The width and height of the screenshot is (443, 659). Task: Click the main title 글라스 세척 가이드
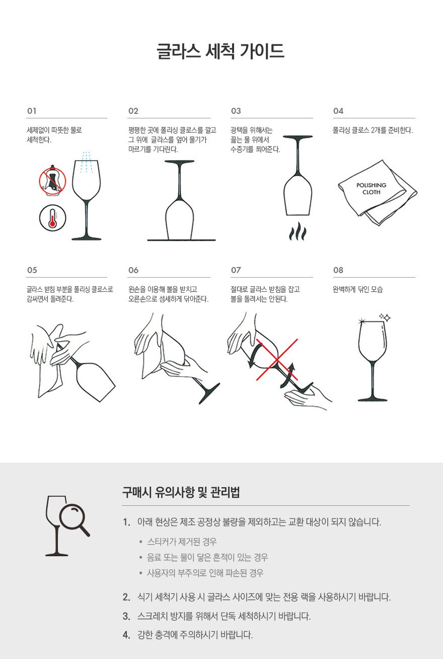coord(220,51)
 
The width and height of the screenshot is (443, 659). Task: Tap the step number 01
coord(32,111)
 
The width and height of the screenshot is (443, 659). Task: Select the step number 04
coord(338,111)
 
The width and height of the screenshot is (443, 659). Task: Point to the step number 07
coord(236,270)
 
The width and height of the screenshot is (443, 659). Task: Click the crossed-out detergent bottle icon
coord(53,180)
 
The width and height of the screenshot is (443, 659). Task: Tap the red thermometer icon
coord(53,218)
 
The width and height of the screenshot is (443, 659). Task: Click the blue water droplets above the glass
coord(87,162)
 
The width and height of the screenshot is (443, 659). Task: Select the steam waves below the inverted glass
coord(298,231)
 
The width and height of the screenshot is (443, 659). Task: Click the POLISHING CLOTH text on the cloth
coord(372,188)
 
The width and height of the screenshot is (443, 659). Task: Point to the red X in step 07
coord(277,360)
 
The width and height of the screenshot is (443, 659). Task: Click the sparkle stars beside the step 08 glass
coord(385,317)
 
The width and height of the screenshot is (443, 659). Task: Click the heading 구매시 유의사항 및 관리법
coord(181,492)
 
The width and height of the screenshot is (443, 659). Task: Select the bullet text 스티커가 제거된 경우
coord(182,541)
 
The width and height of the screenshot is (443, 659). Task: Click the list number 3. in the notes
coord(126,616)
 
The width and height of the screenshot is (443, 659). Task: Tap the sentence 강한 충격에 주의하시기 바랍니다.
coord(195,635)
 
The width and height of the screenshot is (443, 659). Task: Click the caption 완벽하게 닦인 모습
coord(358,290)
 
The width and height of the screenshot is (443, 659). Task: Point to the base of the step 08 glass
coord(373,399)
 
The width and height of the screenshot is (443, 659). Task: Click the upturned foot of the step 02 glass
coord(179,162)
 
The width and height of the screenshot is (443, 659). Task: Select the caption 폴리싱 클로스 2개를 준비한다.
coord(373,130)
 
